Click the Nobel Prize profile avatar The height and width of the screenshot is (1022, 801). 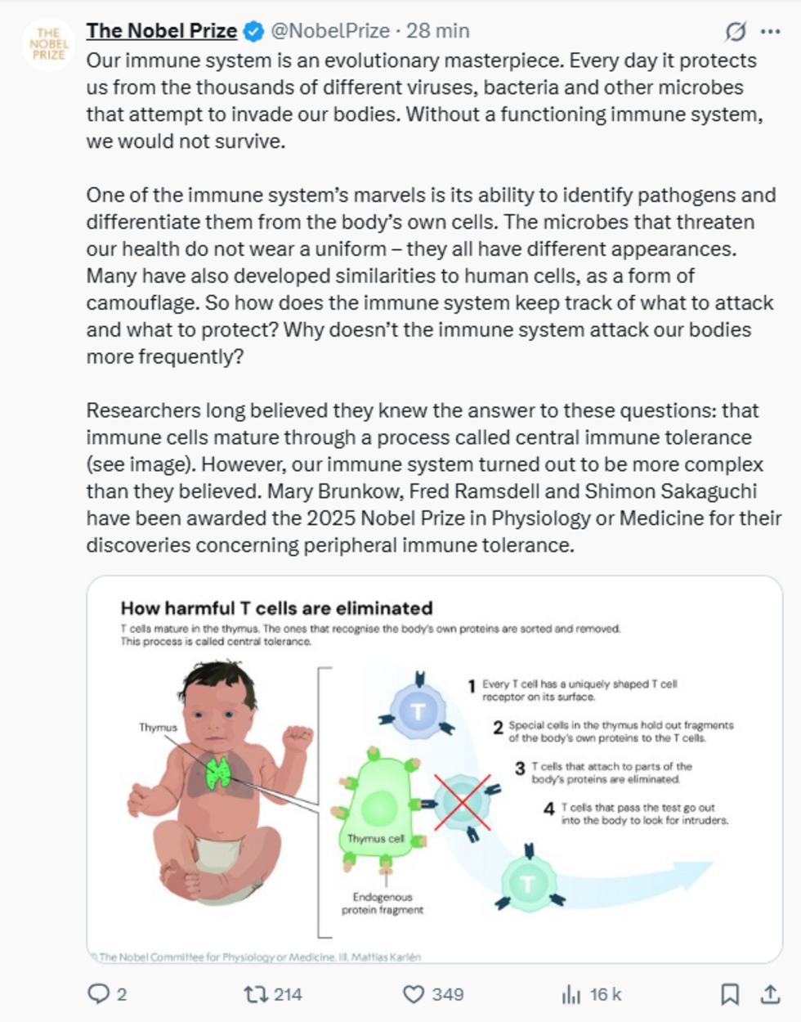(x=48, y=44)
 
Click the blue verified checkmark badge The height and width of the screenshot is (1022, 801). (x=254, y=32)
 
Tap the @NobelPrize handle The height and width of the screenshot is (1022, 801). (x=329, y=31)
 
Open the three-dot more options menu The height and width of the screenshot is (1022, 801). (x=770, y=32)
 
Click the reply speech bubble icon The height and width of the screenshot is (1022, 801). (x=98, y=993)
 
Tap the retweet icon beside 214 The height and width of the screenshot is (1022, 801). (x=254, y=993)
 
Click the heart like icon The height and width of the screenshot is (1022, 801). (x=414, y=993)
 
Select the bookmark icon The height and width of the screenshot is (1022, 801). (x=730, y=993)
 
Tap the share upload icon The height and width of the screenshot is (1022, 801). (x=770, y=993)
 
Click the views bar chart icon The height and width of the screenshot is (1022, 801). (x=571, y=993)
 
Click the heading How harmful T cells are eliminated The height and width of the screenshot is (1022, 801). (x=276, y=607)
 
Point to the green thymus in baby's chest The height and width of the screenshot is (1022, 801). (x=218, y=772)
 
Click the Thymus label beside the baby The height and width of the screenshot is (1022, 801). (x=158, y=727)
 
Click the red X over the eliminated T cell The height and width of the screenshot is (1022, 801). (x=462, y=802)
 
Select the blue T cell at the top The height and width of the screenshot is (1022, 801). (x=418, y=710)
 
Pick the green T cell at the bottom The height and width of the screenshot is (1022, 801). (x=528, y=884)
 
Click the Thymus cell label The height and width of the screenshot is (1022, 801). (x=375, y=839)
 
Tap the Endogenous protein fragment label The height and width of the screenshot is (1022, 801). (x=383, y=903)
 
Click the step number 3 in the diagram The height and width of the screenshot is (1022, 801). (x=520, y=769)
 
